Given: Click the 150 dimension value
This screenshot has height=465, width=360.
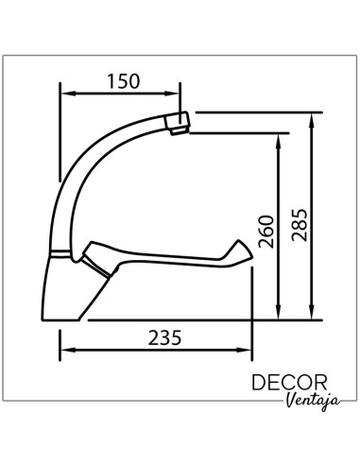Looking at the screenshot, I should (x=122, y=80).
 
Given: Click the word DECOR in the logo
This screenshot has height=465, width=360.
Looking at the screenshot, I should (x=290, y=384).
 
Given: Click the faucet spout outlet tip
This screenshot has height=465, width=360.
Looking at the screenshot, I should (x=178, y=123).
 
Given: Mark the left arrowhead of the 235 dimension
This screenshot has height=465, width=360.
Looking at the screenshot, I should (x=63, y=352).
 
